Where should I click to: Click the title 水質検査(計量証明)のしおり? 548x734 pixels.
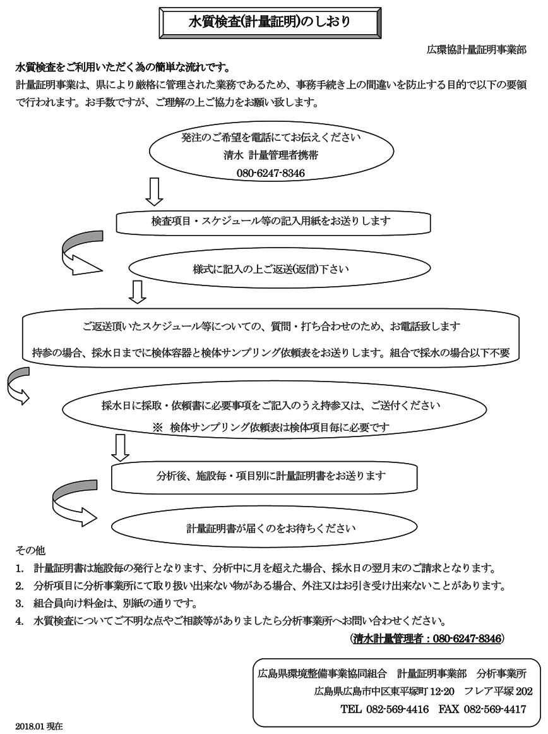270,21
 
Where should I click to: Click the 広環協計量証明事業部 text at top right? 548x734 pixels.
477,50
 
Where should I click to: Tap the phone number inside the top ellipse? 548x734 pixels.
270,173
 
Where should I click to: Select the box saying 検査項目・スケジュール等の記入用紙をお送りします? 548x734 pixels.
273,222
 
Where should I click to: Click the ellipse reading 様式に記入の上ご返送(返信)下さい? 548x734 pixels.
280,268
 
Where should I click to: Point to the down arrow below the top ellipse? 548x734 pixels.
154,191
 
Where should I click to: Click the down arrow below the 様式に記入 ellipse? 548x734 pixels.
138,292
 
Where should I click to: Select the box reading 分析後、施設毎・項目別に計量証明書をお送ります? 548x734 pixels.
264,477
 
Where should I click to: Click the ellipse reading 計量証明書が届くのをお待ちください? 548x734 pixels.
265,528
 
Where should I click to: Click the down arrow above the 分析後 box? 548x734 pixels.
121,448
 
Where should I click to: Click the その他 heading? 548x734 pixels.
30,550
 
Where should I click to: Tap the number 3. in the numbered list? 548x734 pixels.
19,603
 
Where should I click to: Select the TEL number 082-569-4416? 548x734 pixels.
397,709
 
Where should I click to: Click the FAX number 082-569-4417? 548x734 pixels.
494,709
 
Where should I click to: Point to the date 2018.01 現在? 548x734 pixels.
39,726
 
